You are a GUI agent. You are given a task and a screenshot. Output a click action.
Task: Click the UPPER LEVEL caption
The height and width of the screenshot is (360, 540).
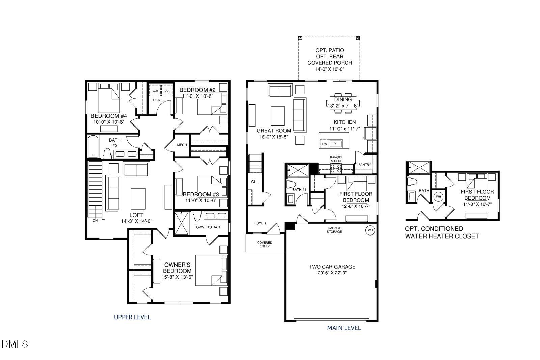(x=132, y=317)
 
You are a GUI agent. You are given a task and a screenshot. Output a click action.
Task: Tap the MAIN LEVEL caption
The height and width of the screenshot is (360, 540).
(x=344, y=328)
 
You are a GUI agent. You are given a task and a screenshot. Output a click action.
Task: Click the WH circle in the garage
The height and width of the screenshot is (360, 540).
(x=370, y=230)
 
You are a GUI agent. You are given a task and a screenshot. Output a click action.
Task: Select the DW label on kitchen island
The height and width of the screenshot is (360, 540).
(x=325, y=144)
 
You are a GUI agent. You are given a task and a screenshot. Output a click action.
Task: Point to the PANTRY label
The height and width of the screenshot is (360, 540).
(x=364, y=165)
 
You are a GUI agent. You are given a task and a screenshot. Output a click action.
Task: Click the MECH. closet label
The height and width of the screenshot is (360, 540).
(x=182, y=145)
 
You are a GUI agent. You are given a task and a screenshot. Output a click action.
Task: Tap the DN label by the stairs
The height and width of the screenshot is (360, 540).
(x=95, y=220)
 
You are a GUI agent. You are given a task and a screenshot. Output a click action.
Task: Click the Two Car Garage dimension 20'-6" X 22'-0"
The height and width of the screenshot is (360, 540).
(x=332, y=273)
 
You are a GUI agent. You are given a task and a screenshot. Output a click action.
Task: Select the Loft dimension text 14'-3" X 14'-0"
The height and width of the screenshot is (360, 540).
(x=137, y=221)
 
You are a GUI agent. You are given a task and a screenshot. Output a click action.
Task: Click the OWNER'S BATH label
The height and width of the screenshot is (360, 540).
(x=209, y=227)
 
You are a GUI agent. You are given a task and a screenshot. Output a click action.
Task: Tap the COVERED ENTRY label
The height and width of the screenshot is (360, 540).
(x=265, y=244)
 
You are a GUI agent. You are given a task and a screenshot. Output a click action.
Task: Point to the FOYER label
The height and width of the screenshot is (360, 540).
(x=260, y=223)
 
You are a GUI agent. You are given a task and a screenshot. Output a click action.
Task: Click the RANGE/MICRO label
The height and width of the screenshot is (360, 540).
(x=336, y=159)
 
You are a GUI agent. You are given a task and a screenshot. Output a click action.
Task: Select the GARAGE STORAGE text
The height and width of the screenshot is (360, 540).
(x=334, y=230)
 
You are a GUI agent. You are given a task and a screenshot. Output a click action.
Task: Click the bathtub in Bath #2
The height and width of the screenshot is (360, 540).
(x=93, y=146)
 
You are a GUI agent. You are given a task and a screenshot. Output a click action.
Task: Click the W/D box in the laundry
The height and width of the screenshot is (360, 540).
(x=155, y=91)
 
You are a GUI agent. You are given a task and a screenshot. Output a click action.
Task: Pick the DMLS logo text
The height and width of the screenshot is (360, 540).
(x=15, y=344)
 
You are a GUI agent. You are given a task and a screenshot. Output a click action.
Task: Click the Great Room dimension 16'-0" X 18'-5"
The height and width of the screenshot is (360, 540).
(x=274, y=137)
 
